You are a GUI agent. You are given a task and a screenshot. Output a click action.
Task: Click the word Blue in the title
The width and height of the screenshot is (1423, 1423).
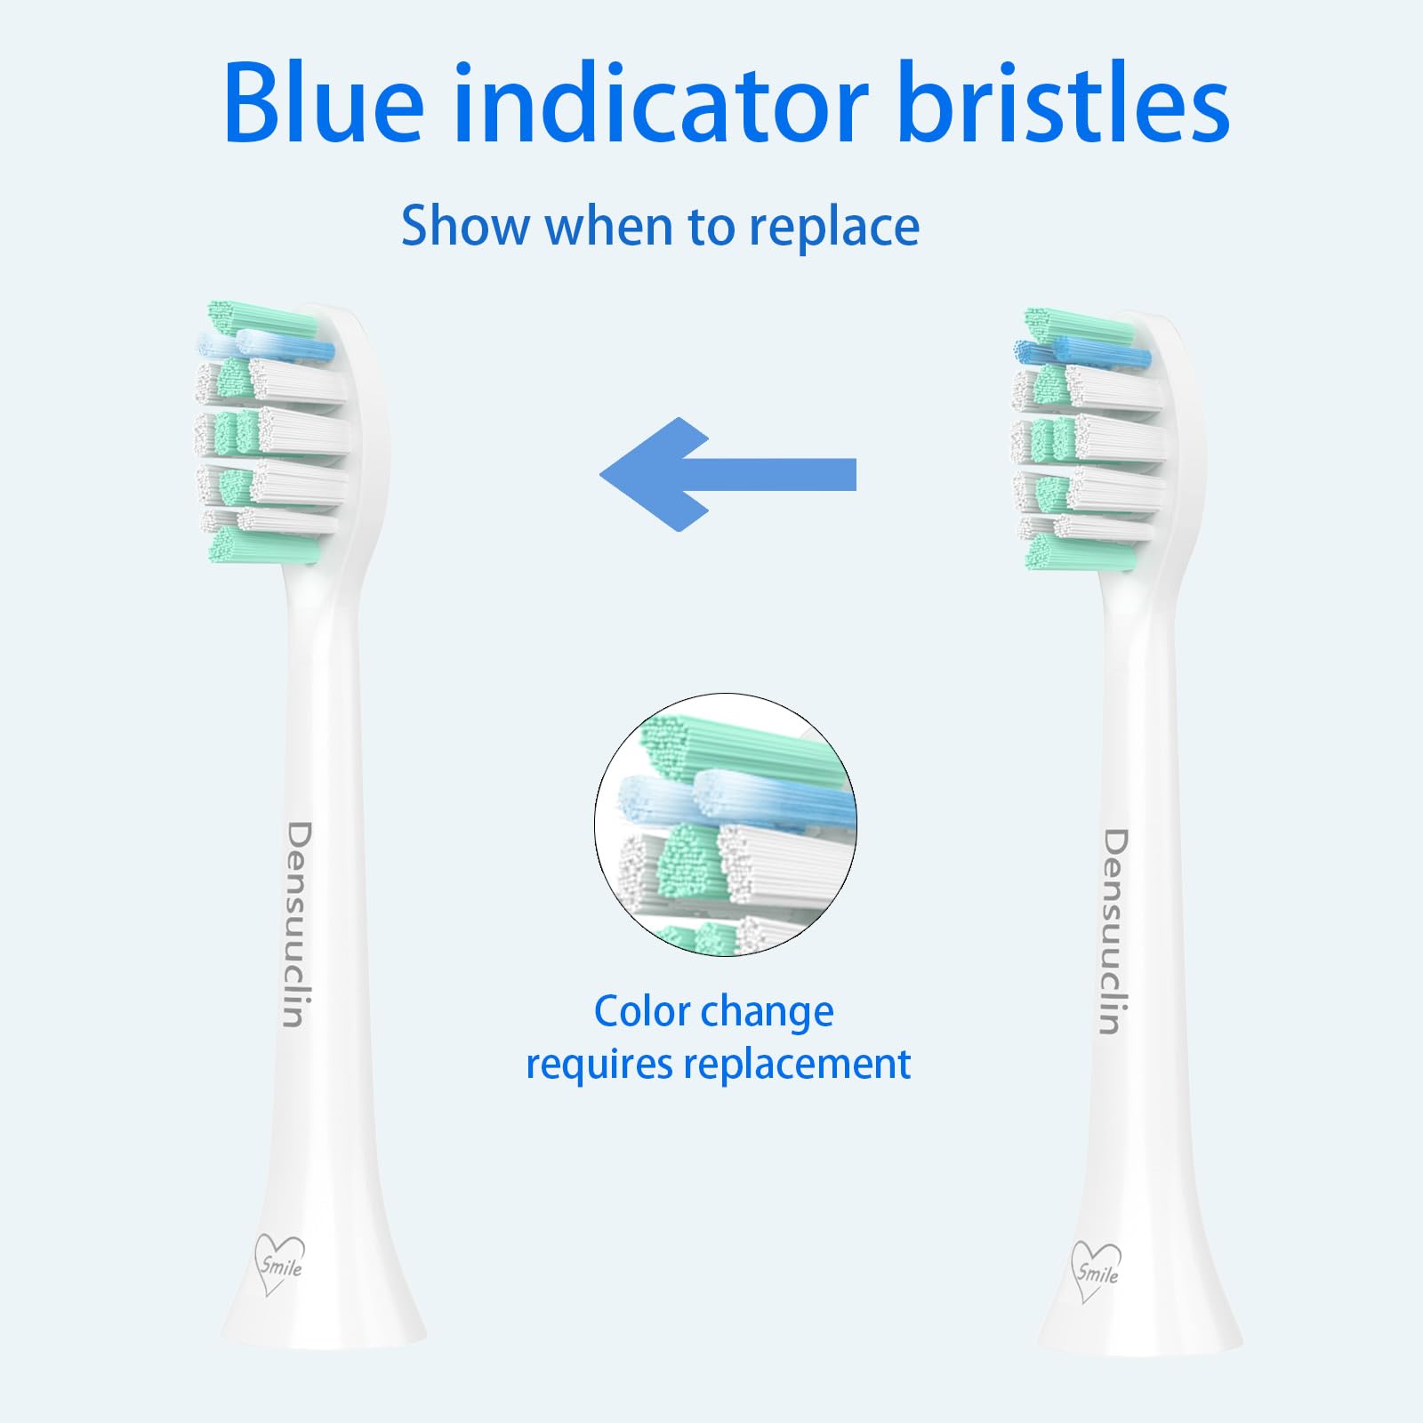point(324,102)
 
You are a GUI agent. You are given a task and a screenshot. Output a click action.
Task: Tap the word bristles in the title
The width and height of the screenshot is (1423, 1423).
point(1064,102)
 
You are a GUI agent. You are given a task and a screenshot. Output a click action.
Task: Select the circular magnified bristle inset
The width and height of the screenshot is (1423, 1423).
point(726,824)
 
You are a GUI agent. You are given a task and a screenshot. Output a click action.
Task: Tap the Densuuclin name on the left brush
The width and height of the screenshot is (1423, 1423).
point(298,924)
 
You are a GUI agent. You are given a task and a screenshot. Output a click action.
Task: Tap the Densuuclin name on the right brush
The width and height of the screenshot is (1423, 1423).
point(1114,931)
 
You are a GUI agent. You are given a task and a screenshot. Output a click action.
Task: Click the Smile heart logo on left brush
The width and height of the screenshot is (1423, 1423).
point(279,1264)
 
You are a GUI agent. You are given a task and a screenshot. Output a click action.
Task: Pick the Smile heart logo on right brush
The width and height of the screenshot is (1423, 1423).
point(1096,1271)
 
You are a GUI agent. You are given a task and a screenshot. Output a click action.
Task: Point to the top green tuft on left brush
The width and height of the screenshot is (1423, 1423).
point(261,318)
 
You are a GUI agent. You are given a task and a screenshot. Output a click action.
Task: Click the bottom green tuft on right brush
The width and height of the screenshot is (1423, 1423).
point(1080,552)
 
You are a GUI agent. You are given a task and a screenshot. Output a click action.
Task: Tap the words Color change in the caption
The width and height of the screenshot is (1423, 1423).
point(713,1012)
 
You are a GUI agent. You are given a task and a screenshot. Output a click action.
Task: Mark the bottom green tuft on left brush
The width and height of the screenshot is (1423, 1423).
point(263,544)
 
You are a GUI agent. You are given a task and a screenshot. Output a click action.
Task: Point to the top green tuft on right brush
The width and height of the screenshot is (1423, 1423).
point(1078,326)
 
